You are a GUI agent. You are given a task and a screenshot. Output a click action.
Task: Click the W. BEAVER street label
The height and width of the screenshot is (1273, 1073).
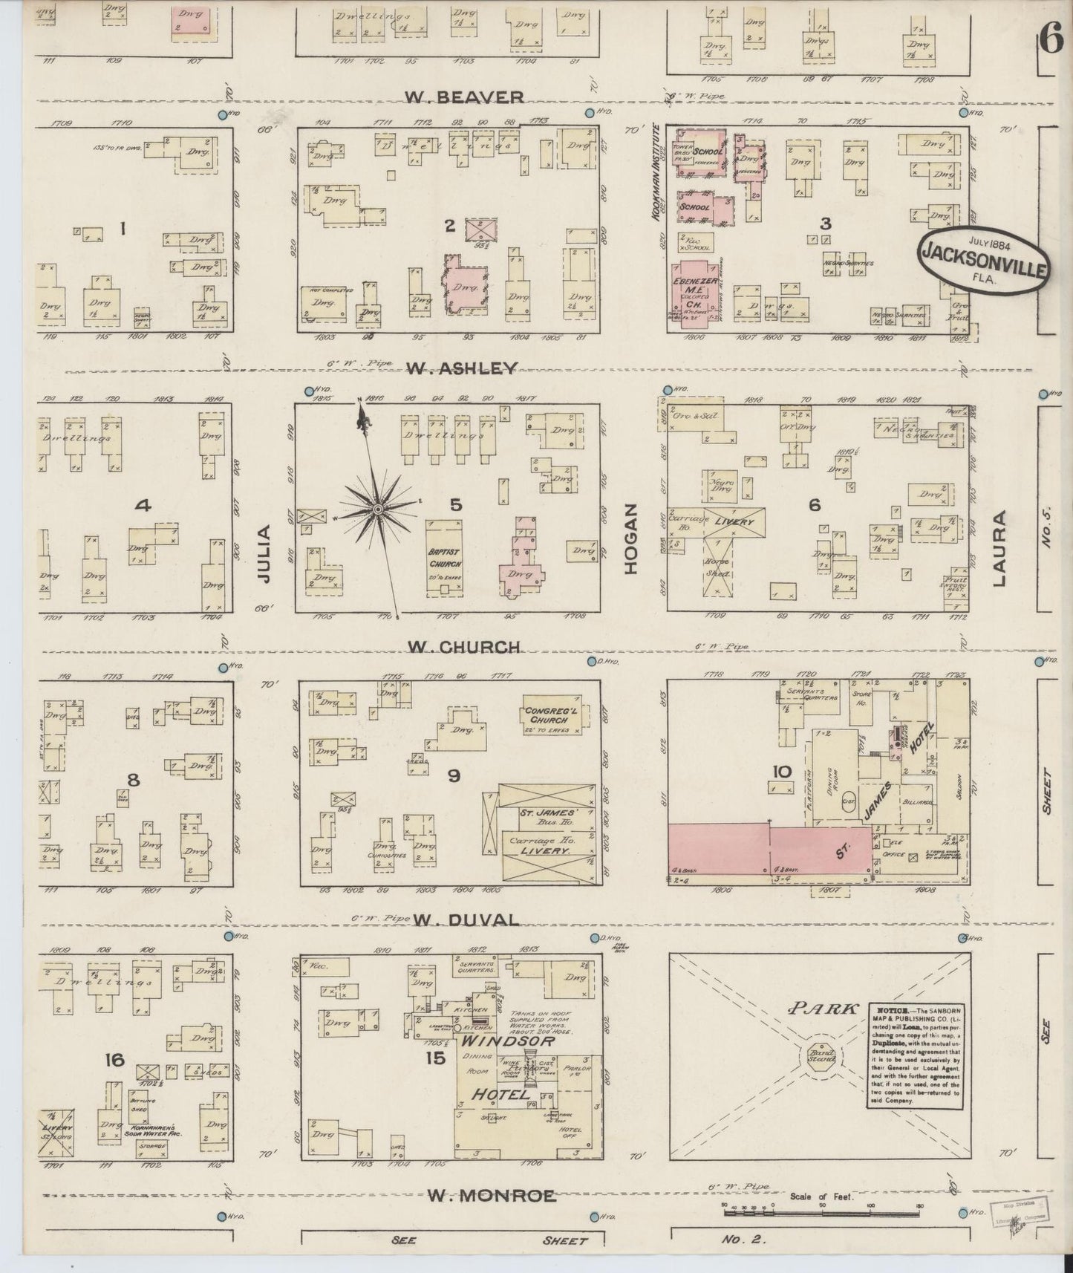tap(465, 97)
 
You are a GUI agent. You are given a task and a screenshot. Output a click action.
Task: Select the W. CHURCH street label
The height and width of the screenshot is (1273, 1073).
tap(465, 646)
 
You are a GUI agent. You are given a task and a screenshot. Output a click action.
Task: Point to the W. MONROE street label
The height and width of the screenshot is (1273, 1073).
tap(492, 1195)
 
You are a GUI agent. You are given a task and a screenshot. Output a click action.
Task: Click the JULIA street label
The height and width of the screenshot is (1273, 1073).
tap(264, 553)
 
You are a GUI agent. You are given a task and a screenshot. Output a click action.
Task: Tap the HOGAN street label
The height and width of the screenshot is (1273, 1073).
tap(632, 539)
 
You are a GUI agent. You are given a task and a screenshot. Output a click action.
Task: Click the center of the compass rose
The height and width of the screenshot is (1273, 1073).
tap(377, 509)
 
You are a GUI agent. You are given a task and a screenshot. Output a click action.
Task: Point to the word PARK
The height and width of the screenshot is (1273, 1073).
tap(820, 1009)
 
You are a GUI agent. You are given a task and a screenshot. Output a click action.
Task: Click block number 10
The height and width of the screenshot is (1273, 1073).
tap(781, 772)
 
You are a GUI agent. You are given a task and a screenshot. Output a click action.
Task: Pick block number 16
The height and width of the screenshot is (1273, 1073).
tap(114, 1060)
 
